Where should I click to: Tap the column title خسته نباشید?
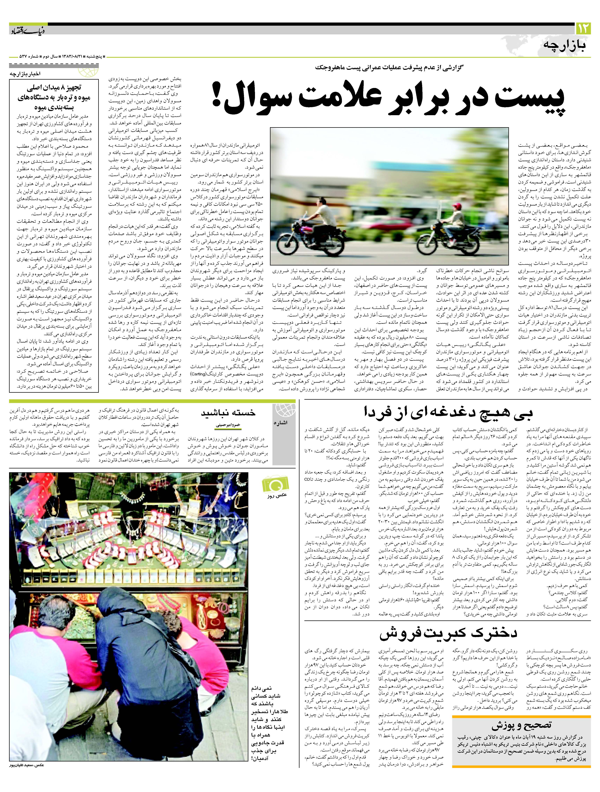(228, 412)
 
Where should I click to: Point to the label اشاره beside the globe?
(281, 423)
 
